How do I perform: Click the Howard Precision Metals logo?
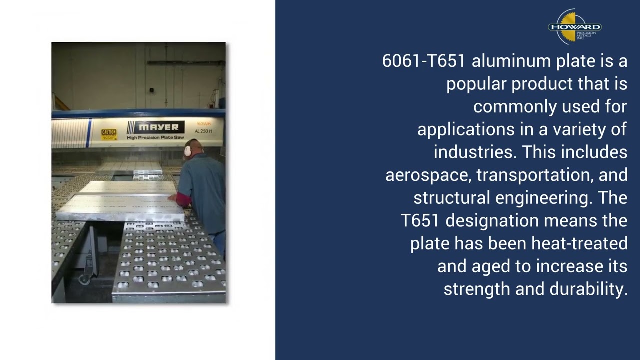[x=575, y=27]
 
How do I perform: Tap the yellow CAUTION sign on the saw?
[x=109, y=135]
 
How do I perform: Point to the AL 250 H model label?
[x=203, y=131]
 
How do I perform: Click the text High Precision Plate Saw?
[x=155, y=137]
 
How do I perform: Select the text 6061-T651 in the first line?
[x=424, y=61]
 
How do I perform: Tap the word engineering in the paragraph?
[x=544, y=198]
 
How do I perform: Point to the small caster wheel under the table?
[x=85, y=279]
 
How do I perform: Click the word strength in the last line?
[x=477, y=289]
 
